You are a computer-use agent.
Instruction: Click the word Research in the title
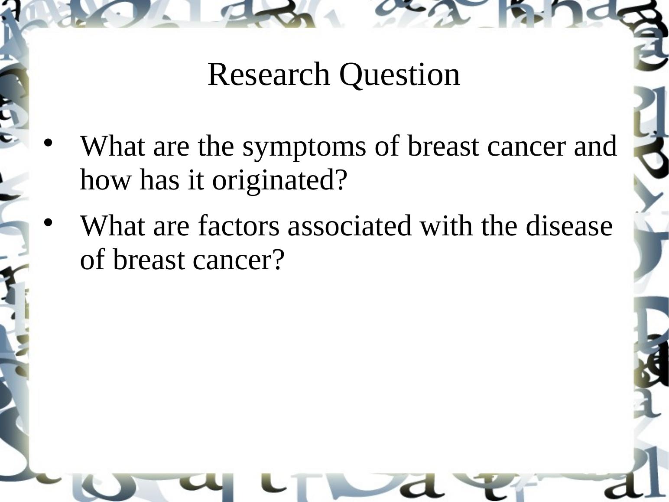point(269,75)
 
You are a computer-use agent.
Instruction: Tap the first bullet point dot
point(48,143)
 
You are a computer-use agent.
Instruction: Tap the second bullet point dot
point(48,222)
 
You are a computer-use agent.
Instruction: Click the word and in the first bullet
point(595,146)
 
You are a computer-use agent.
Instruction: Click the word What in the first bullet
point(113,146)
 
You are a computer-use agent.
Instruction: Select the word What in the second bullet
point(113,225)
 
